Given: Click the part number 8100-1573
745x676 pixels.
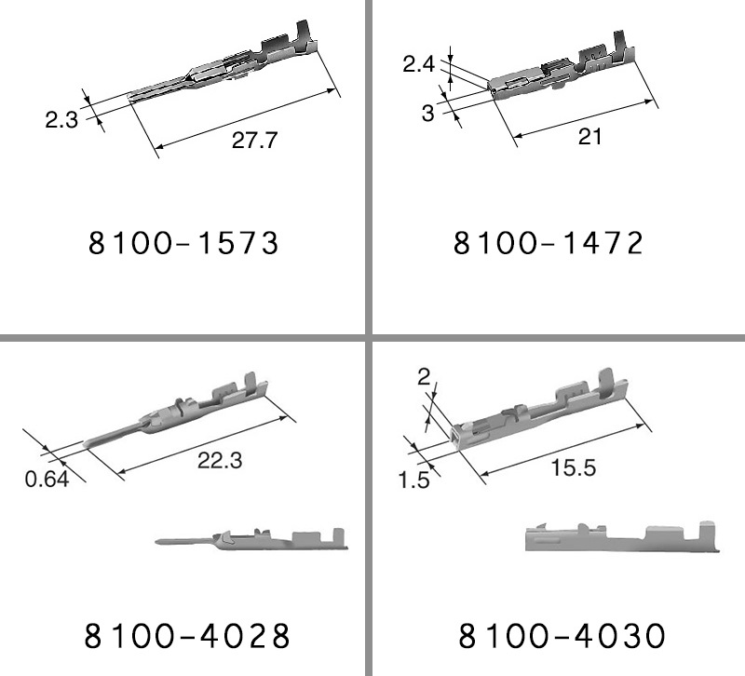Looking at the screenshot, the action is click(183, 243).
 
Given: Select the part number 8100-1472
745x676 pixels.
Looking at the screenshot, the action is click(549, 243).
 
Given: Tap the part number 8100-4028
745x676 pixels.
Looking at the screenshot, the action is click(187, 636).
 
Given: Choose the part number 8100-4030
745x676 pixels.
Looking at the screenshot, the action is click(562, 636).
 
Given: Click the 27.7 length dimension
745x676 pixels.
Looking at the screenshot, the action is click(254, 141).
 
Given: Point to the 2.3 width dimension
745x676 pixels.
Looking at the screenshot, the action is click(61, 119).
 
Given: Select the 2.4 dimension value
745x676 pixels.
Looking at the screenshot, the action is click(418, 63).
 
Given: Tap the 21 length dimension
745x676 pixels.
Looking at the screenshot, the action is click(589, 137).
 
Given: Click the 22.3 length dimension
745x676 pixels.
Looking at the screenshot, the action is click(220, 460).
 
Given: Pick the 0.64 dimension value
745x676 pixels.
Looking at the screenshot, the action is click(47, 479).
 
